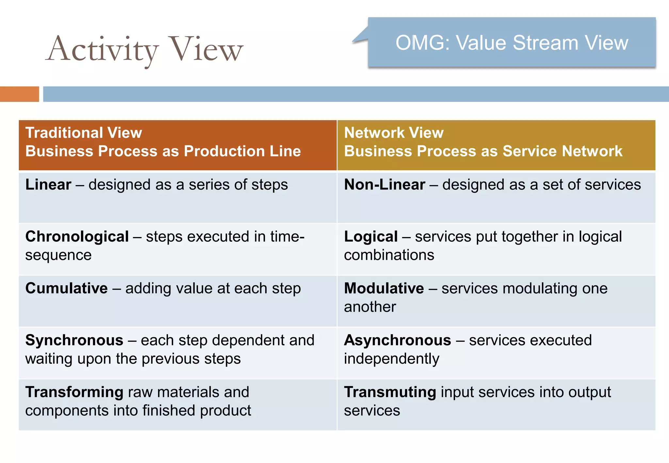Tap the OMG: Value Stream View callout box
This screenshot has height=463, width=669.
[x=512, y=42]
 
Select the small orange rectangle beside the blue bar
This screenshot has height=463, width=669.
[x=19, y=94]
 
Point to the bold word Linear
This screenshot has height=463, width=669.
[x=48, y=185]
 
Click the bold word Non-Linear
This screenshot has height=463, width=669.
[x=384, y=185]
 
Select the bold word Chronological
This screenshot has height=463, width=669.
[x=77, y=237]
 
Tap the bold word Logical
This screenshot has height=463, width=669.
[x=371, y=237]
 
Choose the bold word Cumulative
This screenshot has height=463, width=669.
[x=67, y=288]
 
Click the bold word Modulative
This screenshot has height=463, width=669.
[x=384, y=288]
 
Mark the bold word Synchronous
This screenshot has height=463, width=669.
[x=74, y=340]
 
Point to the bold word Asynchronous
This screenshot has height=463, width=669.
[x=398, y=340]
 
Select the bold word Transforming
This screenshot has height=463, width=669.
[x=74, y=392]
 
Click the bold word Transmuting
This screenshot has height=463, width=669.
[x=390, y=392]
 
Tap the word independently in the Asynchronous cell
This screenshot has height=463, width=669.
[x=392, y=359]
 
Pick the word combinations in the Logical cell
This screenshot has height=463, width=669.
[x=389, y=255]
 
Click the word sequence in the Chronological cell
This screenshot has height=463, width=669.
[x=58, y=255]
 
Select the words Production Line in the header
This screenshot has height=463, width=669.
[x=242, y=151]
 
